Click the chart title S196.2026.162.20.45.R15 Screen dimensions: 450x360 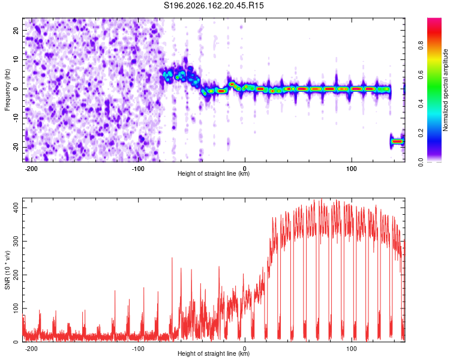(214, 5)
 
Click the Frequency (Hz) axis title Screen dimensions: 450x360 (7, 90)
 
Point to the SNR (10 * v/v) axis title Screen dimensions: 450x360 (7, 270)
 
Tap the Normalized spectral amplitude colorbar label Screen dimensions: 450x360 (445, 90)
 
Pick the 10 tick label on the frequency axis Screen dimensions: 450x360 (16, 60)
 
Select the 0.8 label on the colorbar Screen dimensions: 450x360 (421, 45)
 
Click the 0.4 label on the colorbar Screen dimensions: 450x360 (421, 104)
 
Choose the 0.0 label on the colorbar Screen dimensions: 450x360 (421, 162)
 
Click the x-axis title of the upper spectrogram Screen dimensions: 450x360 (214, 173)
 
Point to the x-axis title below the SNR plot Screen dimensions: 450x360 (214, 353)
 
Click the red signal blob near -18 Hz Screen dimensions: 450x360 (397, 141)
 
